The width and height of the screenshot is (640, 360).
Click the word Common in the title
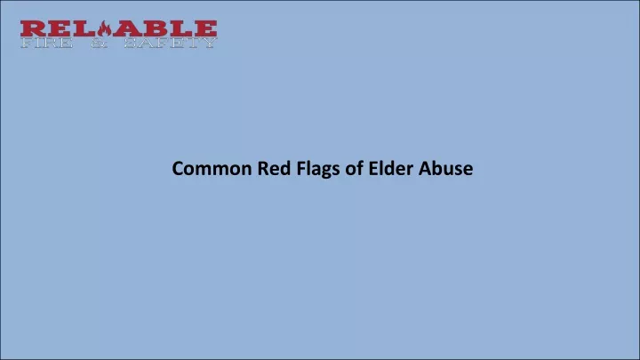(x=212, y=169)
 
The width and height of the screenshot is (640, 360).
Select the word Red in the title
(x=275, y=168)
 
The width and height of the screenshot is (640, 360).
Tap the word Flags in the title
(x=318, y=170)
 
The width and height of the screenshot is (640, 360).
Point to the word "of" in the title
(x=355, y=168)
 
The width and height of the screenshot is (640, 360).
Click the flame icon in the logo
(x=105, y=29)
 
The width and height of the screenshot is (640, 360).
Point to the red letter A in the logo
(x=127, y=29)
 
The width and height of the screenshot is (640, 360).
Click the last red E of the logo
(x=205, y=29)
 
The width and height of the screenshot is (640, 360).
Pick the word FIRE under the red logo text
(x=47, y=43)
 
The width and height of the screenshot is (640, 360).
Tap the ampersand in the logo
(x=100, y=43)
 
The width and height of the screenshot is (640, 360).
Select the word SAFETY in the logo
(x=170, y=43)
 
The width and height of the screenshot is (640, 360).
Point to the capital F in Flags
(x=301, y=169)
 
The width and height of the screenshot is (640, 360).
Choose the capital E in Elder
(x=373, y=169)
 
